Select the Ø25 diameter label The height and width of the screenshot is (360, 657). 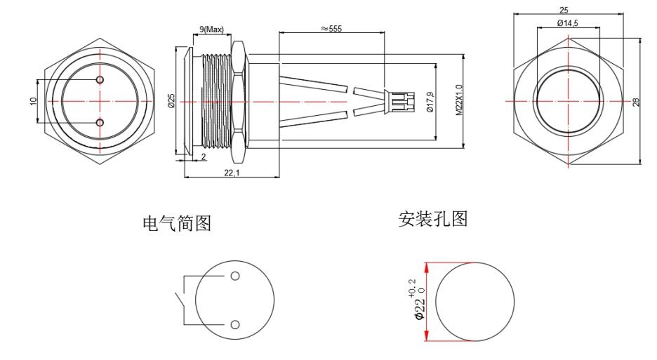click(x=171, y=100)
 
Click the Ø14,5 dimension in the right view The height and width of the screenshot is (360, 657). click(x=568, y=24)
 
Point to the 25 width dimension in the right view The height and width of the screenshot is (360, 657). click(x=564, y=10)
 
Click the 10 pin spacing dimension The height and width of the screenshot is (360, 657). click(x=33, y=101)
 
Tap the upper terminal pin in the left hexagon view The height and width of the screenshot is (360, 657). click(x=100, y=79)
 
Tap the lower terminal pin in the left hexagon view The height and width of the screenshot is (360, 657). click(x=100, y=124)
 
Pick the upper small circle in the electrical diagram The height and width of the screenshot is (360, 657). click(x=234, y=275)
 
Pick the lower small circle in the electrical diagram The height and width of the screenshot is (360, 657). click(x=234, y=324)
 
